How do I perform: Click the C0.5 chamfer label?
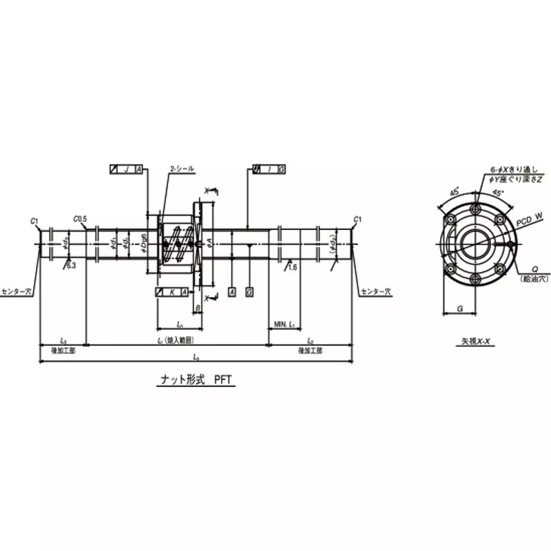point(81,218)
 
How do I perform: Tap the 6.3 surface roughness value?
point(72,264)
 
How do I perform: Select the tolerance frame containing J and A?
point(127,169)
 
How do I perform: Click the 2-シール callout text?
point(182,169)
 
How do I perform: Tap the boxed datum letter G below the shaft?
point(249,293)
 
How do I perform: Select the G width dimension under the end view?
point(459,310)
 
